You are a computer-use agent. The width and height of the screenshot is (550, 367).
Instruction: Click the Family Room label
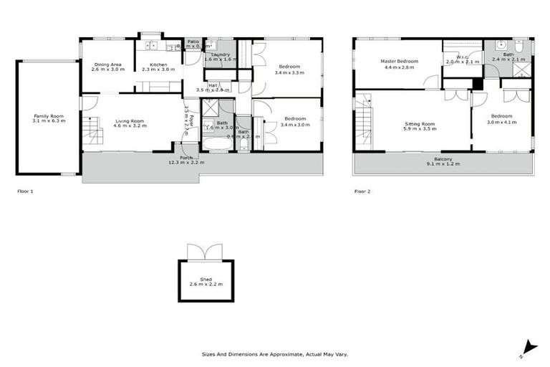[49, 115]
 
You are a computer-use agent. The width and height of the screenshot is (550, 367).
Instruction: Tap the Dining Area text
[107, 65]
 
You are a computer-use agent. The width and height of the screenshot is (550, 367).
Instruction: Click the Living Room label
[130, 121]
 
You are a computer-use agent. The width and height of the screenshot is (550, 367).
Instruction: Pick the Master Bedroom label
[397, 61]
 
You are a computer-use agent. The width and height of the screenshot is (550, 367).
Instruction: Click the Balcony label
[443, 160]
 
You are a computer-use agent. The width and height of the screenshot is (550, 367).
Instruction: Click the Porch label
[186, 158]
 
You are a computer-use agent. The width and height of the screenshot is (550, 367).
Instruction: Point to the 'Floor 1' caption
[25, 191]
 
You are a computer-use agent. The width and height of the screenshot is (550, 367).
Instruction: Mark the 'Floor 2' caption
[363, 191]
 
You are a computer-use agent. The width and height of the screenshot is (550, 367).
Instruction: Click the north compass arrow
[527, 346]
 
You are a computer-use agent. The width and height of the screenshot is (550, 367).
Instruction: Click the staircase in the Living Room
[91, 133]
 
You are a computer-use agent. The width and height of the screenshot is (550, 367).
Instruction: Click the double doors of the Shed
[201, 253]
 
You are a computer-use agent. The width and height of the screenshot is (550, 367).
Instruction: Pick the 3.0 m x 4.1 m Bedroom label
[501, 119]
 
